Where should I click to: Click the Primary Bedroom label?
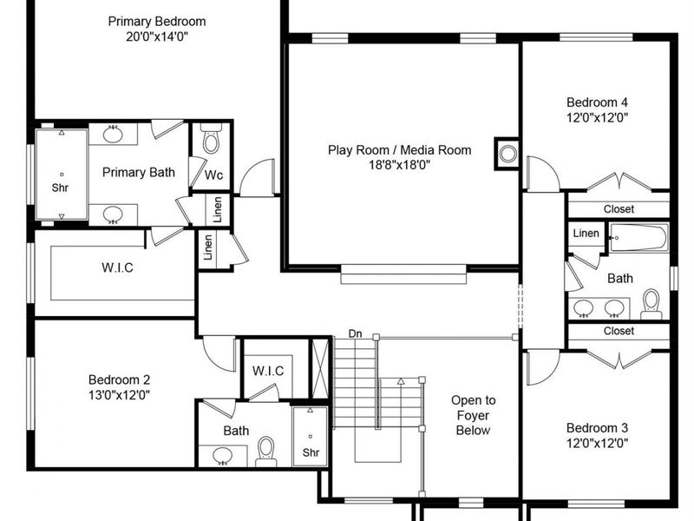tap(157, 21)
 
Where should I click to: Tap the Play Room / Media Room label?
tap(399, 150)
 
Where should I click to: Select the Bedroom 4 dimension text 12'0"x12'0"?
tap(597, 117)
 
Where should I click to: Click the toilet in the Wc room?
tap(211, 140)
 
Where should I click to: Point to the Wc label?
tap(213, 175)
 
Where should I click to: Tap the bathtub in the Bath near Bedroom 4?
tap(638, 237)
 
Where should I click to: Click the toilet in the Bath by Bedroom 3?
tap(651, 303)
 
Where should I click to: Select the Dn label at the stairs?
tap(356, 333)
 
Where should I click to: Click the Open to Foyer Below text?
tap(473, 415)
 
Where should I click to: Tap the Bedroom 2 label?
tap(120, 379)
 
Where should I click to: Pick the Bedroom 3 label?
tap(597, 427)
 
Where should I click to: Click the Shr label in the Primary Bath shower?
tap(60, 187)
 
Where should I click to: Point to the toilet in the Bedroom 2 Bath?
tap(266, 450)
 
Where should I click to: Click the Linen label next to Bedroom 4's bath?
tap(586, 234)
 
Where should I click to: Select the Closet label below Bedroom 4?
tap(619, 209)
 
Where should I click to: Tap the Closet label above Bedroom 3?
tap(619, 331)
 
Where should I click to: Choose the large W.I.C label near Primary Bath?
tap(116, 267)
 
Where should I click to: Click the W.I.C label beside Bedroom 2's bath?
tap(268, 371)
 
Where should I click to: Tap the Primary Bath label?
tap(139, 172)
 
